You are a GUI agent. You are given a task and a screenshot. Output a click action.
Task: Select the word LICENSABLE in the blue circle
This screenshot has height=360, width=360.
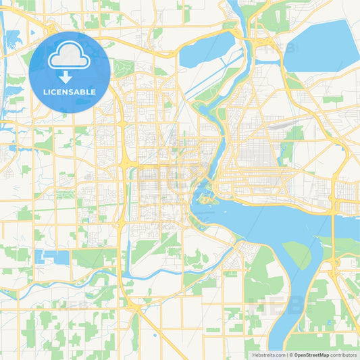pyautogui.click(x=70, y=91)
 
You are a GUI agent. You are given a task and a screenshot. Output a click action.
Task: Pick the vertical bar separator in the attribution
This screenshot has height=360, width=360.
pyautogui.click(x=287, y=355)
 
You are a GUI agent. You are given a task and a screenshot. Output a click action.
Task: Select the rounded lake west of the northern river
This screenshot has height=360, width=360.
pyautogui.click(x=205, y=51)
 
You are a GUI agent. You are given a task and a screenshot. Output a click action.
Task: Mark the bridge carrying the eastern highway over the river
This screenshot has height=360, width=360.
pyautogui.click(x=333, y=215)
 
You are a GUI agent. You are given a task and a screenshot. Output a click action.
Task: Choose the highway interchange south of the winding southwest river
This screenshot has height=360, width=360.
pyautogui.click(x=138, y=308)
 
